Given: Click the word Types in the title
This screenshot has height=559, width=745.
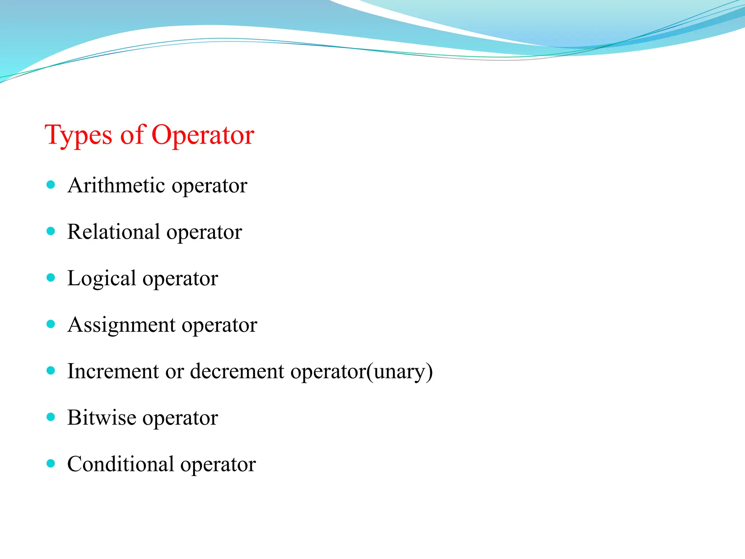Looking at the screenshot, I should pyautogui.click(x=78, y=135).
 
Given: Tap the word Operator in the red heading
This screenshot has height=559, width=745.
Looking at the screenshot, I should pyautogui.click(x=203, y=135).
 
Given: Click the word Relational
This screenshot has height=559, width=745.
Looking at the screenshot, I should pyautogui.click(x=114, y=232).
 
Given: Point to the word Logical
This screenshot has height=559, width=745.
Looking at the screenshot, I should pyautogui.click(x=102, y=278).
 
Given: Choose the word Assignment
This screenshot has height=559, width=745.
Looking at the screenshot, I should pyautogui.click(x=121, y=325).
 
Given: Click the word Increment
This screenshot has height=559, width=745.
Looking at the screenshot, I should pyautogui.click(x=113, y=371).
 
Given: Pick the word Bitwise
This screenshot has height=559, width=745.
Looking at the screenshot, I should pyautogui.click(x=102, y=417).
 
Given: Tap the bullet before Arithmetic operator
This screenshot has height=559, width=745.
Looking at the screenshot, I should pyautogui.click(x=51, y=185).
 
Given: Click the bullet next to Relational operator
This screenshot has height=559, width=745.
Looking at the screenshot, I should pyautogui.click(x=51, y=231).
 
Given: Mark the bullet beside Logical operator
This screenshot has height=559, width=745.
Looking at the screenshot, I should pyautogui.click(x=51, y=278).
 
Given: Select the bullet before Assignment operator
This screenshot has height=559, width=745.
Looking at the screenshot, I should pyautogui.click(x=51, y=324).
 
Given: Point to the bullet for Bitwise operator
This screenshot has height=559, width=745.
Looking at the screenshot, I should pyautogui.click(x=51, y=417).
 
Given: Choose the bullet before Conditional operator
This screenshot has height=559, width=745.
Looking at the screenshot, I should pyautogui.click(x=51, y=463).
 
